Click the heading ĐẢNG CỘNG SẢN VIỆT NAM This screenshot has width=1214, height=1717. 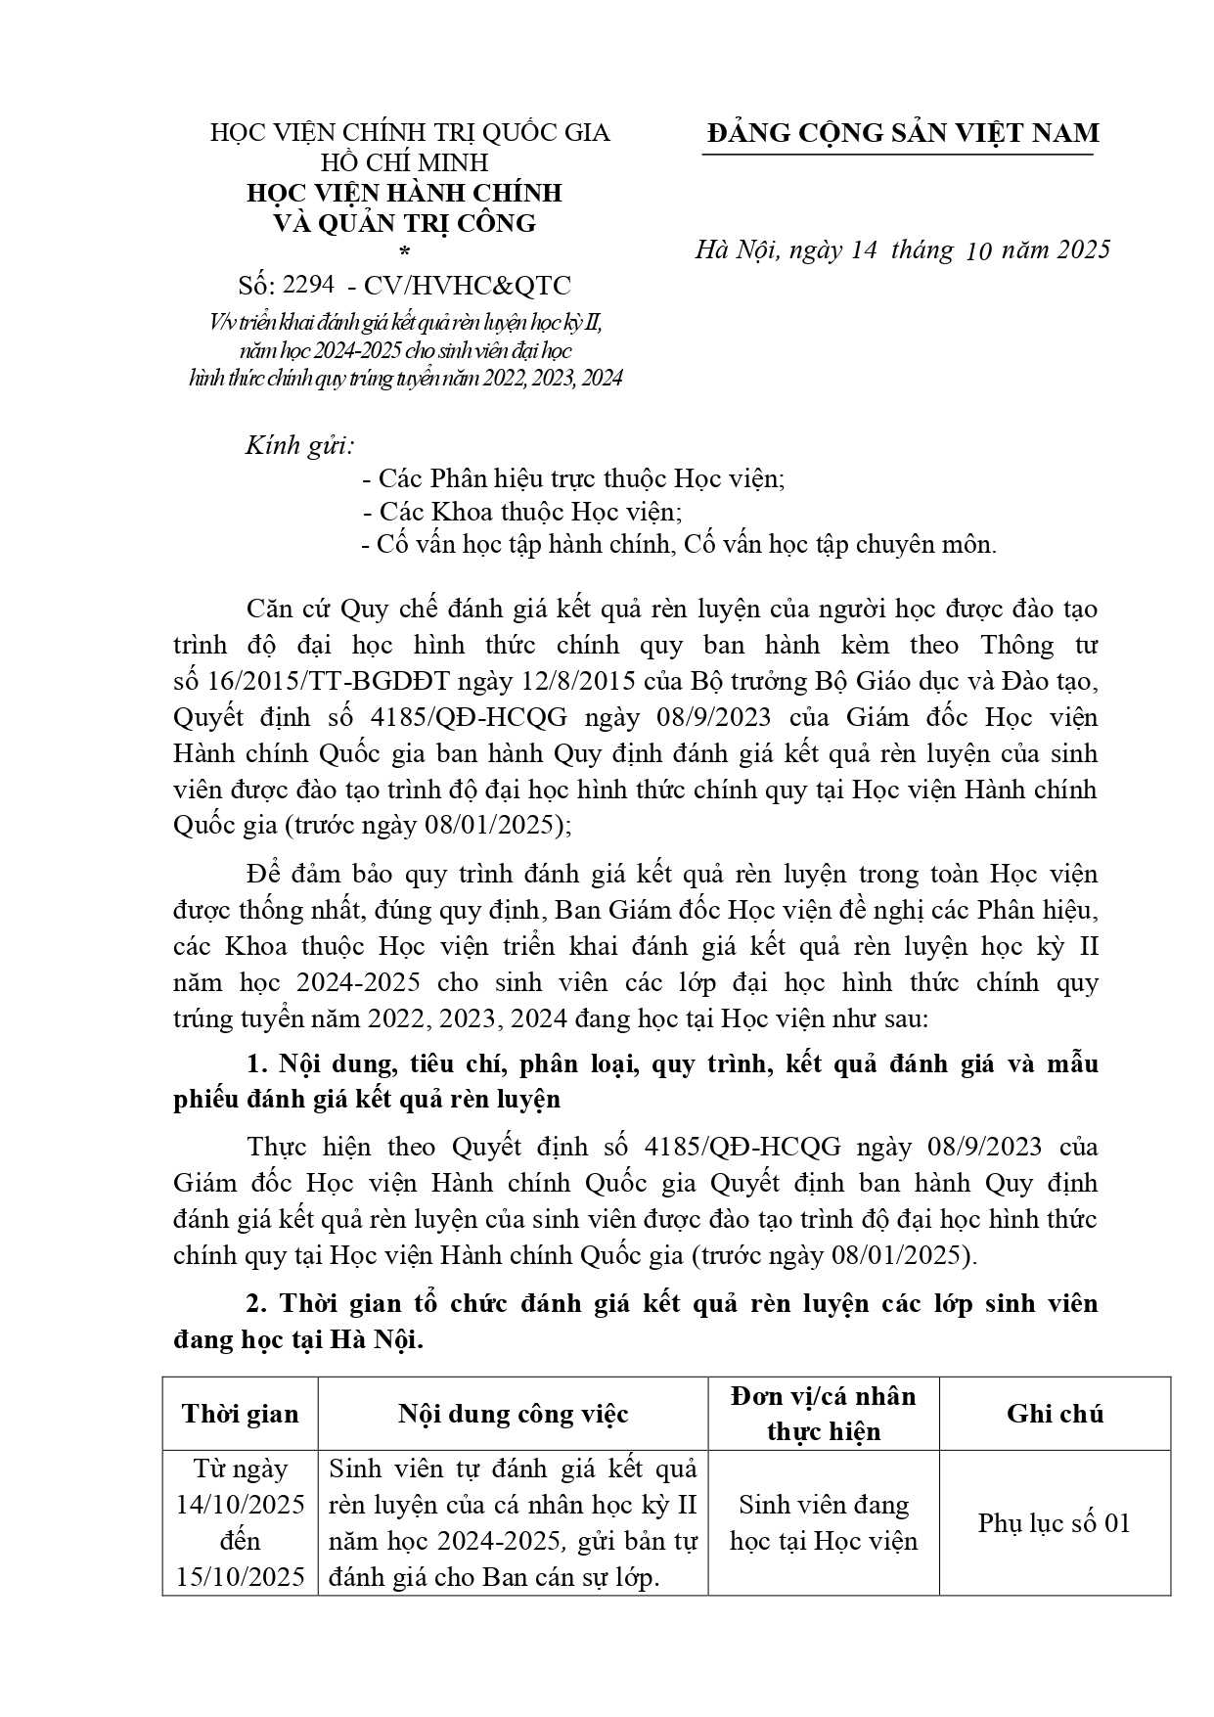click(903, 133)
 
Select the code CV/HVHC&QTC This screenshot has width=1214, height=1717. click(467, 285)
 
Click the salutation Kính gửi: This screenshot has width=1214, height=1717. click(299, 446)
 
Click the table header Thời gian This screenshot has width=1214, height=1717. click(241, 1414)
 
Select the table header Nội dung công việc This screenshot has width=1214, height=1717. click(513, 1414)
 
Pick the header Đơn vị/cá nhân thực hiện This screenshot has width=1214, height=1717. click(824, 1414)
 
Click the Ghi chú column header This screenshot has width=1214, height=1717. click(1055, 1414)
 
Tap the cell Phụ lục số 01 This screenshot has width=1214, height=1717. click(1054, 1522)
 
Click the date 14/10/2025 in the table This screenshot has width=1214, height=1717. click(241, 1504)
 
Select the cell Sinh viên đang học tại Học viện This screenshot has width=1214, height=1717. click(824, 1522)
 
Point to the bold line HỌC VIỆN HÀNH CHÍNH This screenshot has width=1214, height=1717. click(404, 192)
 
